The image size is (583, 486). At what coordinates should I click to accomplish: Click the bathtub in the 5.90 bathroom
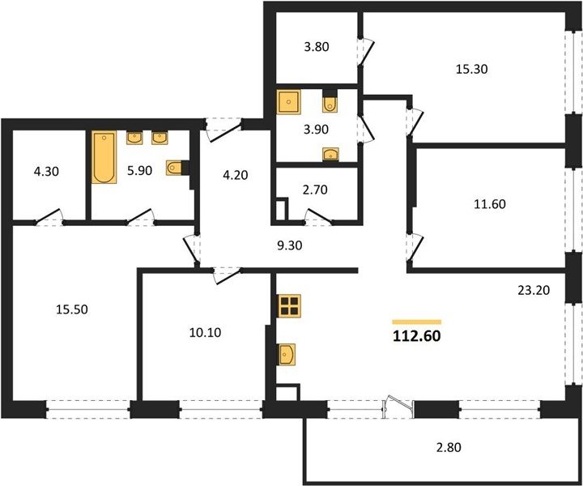[104, 157]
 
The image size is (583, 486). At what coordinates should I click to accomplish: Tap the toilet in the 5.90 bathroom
[175, 168]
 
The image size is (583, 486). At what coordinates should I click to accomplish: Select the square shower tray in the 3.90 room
[288, 102]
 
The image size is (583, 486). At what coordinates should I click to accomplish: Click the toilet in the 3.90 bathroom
[330, 101]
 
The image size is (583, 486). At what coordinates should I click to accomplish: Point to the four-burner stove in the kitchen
[289, 305]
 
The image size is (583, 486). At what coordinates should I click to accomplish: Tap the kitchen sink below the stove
[287, 354]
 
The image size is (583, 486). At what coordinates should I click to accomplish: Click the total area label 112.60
[417, 336]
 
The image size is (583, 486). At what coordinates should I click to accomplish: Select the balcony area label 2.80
[449, 447]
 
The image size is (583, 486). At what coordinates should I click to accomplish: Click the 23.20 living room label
[534, 290]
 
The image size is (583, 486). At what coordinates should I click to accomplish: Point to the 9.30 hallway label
[290, 245]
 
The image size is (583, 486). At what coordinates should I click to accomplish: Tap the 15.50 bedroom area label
[72, 309]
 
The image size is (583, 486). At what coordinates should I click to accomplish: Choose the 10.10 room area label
[205, 332]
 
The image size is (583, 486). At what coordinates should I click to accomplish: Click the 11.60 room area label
[490, 204]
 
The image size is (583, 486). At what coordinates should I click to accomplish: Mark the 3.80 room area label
[317, 47]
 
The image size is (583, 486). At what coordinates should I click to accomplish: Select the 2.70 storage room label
[315, 190]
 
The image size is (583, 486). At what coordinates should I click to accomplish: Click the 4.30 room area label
[46, 172]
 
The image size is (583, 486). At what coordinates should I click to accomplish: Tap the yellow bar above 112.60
[417, 322]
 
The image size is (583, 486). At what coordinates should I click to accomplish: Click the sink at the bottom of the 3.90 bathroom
[330, 154]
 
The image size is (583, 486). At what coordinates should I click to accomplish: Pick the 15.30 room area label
[472, 69]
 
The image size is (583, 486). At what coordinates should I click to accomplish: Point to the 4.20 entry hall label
[236, 175]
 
